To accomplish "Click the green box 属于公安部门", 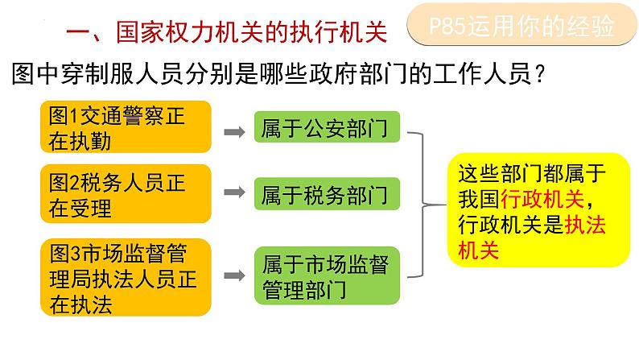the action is pos(324,130).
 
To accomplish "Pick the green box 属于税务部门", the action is pos(324,195).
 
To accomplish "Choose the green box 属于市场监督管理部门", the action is pos(324,276).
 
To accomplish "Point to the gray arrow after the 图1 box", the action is pos(234,130).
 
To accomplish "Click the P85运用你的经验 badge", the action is pos(518,27).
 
